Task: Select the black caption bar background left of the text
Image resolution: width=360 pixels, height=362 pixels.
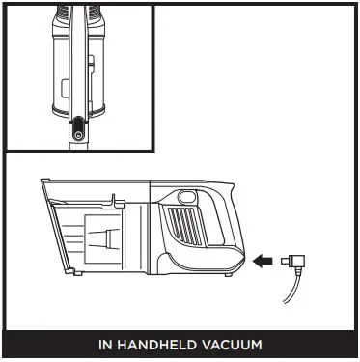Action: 48,345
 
